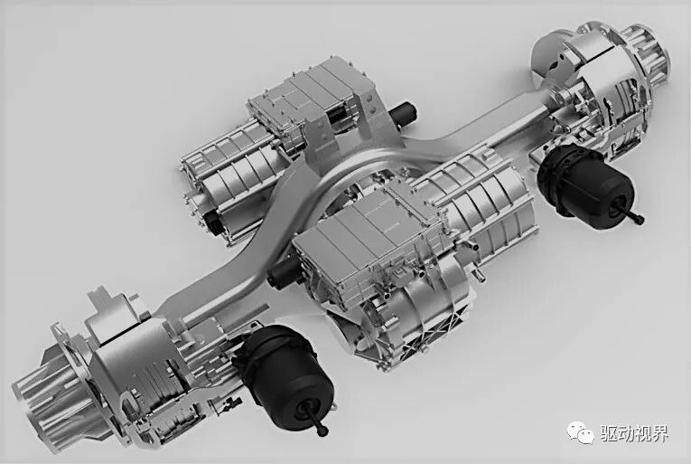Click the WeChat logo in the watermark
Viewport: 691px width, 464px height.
pos(581,432)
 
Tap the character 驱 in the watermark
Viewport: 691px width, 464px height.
pos(610,433)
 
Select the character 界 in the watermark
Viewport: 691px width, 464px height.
pos(659,433)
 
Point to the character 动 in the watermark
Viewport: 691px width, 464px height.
pos(626,433)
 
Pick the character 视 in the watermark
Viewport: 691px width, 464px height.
pos(643,433)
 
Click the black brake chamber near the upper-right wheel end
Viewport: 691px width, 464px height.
pos(587,185)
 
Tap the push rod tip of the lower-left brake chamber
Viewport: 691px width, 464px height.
pos(323,431)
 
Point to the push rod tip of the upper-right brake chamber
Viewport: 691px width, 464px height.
pos(639,219)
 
